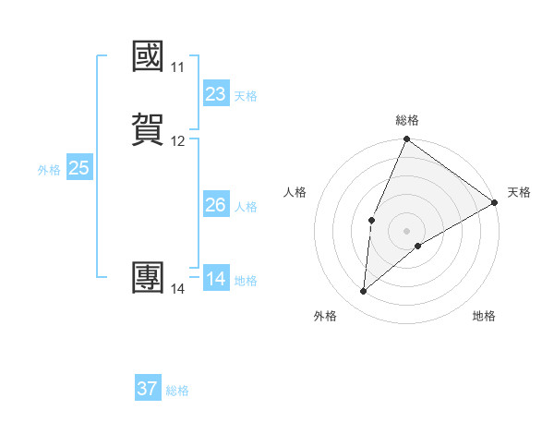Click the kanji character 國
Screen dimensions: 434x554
(149, 57)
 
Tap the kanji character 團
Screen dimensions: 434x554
(149, 278)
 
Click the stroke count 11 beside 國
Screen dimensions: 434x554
(177, 67)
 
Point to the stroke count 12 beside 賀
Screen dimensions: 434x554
(177, 141)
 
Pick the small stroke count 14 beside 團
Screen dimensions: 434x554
(177, 289)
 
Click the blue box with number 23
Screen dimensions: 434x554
(215, 94)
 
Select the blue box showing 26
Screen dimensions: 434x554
(215, 205)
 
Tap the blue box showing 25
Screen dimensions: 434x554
(78, 168)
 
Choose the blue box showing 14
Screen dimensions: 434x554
(215, 279)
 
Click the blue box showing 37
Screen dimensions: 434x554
(147, 389)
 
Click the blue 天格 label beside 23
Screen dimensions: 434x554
(245, 96)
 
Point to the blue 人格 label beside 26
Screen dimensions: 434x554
(245, 207)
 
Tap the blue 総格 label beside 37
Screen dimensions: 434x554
(177, 391)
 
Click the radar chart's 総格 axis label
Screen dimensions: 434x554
(407, 120)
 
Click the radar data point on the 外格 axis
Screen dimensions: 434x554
(363, 292)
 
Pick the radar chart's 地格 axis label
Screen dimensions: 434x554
(484, 317)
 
